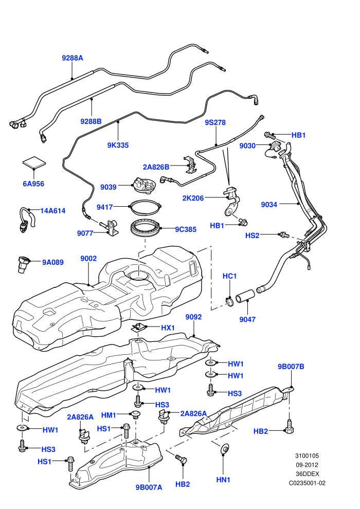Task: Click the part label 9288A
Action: [x=73, y=58]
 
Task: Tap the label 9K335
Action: [x=118, y=145]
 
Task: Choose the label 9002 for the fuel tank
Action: [x=88, y=259]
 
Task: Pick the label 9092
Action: [x=193, y=317]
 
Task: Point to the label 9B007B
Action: [x=291, y=367]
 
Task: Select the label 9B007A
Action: [x=149, y=487]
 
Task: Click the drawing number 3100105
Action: [x=307, y=456]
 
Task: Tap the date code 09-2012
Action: [x=307, y=465]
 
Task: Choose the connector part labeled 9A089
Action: [x=23, y=264]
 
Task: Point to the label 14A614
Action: [x=52, y=211]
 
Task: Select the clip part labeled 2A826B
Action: [x=191, y=165]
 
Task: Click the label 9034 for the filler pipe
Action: [x=269, y=205]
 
